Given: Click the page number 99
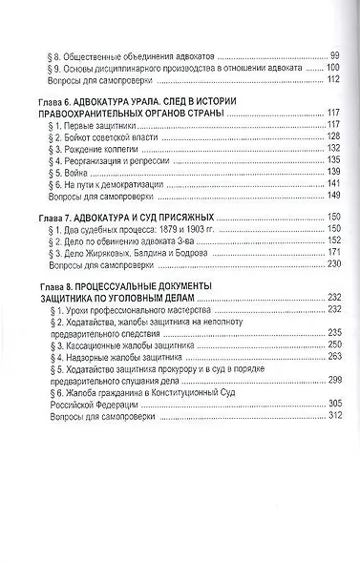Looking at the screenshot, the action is pyautogui.click(x=333, y=56).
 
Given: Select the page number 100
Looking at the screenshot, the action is pyautogui.click(x=331, y=69).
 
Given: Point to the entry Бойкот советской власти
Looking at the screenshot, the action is pyautogui.click(x=118, y=138).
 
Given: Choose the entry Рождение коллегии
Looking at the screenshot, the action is pyautogui.click(x=109, y=151).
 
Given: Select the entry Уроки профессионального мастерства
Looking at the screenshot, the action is pyautogui.click(x=142, y=313).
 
